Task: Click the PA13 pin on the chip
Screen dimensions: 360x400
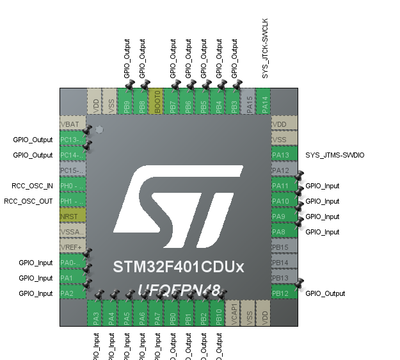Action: coord(284,155)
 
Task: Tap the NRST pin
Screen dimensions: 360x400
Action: coord(73,217)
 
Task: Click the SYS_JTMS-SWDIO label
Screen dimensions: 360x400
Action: coord(335,155)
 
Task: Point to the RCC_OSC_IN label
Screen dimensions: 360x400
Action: coord(32,186)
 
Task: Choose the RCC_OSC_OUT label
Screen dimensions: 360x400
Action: coord(28,201)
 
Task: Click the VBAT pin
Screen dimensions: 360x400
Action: coord(73,124)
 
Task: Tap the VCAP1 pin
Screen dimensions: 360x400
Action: coord(234,313)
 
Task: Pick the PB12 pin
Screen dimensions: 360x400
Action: coord(284,293)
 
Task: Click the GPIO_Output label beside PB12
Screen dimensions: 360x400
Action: coord(325,293)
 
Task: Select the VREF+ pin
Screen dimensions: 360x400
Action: coord(73,247)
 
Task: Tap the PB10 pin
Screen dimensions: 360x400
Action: coord(218,313)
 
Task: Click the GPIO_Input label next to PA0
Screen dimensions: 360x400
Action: coord(36,263)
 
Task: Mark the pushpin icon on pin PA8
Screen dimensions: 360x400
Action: coord(300,222)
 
